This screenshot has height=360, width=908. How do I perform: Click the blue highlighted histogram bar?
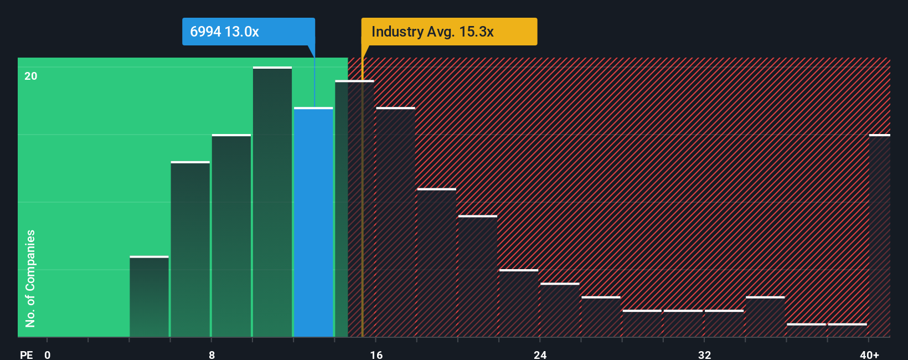[x=313, y=222]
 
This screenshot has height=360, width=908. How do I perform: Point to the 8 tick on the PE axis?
[x=212, y=354]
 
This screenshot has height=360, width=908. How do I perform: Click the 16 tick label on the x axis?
[x=376, y=354]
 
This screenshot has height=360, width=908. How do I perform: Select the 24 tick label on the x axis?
[x=540, y=354]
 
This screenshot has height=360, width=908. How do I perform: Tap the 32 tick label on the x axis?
[x=704, y=354]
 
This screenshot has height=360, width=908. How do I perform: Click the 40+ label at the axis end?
[x=869, y=354]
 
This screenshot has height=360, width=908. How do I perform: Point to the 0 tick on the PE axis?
[x=48, y=354]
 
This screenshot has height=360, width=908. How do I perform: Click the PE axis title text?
[x=26, y=354]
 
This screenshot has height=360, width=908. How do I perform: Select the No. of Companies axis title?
[x=30, y=278]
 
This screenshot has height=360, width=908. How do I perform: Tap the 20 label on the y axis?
[x=31, y=76]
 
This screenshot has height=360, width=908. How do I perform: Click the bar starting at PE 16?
[x=395, y=222]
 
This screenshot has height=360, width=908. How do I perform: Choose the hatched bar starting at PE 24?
[x=560, y=310]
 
